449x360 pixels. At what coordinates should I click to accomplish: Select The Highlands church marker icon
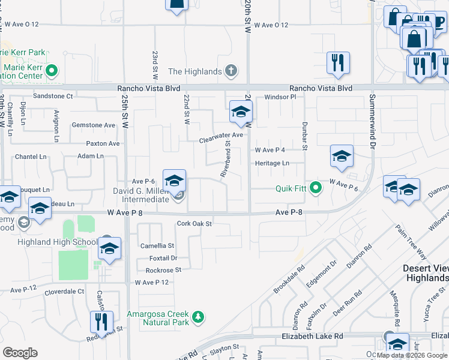pyautogui.click(x=231, y=71)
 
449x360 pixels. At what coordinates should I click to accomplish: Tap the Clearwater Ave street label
pyautogui.click(x=221, y=136)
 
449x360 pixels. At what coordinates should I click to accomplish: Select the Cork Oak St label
pyautogui.click(x=194, y=224)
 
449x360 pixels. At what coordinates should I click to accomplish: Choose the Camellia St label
pyautogui.click(x=157, y=246)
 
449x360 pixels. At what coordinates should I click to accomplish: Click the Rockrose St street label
pyautogui.click(x=163, y=271)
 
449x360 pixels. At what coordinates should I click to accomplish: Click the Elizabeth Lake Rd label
pyautogui.click(x=312, y=337)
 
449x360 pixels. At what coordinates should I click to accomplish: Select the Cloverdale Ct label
pyautogui.click(x=64, y=291)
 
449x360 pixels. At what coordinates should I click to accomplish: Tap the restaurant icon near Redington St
pyautogui.click(x=101, y=321)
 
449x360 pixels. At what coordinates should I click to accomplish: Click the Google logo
pyautogui.click(x=20, y=353)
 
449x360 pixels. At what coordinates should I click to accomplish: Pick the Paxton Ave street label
pyautogui.click(x=103, y=144)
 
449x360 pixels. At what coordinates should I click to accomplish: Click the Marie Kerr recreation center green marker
pyautogui.click(x=52, y=71)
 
